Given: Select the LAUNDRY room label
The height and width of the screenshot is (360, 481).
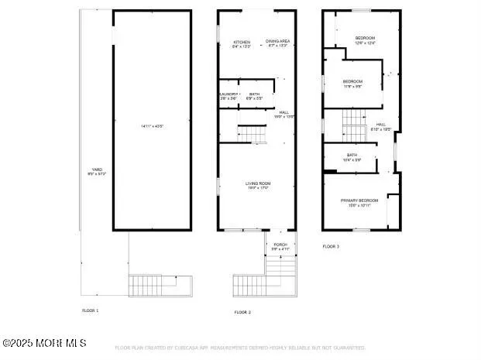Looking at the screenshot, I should tap(227, 94).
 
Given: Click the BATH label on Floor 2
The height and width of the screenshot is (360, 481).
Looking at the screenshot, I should tap(254, 94).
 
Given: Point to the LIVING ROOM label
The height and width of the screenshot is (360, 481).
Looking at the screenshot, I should tap(259, 183).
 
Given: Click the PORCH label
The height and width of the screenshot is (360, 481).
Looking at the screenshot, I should tap(280, 245).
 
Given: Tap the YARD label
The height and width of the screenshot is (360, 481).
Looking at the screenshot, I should tap(97, 170).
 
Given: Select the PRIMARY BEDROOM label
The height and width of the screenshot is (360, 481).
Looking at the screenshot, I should tap(359, 201).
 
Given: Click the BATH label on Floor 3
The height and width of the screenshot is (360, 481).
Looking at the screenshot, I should tap(352, 156).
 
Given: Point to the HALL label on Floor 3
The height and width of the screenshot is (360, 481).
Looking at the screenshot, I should tap(381, 125).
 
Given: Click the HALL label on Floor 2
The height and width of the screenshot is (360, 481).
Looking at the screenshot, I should tap(283, 112).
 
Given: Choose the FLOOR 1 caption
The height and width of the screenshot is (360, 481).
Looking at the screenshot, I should tap(91, 310).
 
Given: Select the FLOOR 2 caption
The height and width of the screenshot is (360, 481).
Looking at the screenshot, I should tap(243, 312).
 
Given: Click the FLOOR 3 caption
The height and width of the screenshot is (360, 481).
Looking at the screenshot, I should tap(331, 246).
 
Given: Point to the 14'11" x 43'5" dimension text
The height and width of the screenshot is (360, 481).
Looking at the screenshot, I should tap(152, 125).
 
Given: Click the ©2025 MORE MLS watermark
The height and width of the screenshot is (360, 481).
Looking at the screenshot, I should tap(44, 343).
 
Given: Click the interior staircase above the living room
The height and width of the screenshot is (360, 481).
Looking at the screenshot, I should tap(252, 134).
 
